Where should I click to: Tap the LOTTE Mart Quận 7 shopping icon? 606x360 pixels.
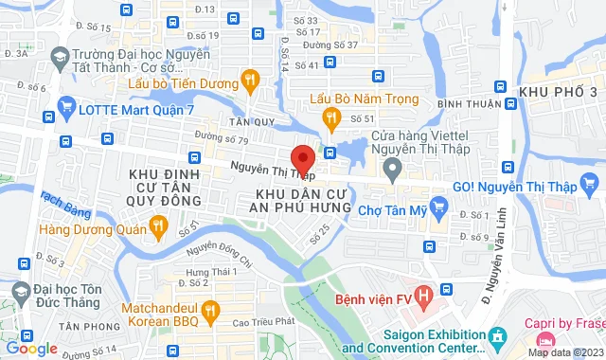(x=65, y=108)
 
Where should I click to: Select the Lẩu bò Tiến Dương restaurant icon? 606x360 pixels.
(x=250, y=81)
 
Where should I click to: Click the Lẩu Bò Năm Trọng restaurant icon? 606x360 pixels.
(x=331, y=117)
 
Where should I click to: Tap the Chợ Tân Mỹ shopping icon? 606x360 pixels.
(x=437, y=206)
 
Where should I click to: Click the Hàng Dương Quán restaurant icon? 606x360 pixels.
(x=159, y=226)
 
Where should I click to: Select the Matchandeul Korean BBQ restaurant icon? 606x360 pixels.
(x=211, y=309)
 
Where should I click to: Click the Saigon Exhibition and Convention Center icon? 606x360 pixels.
(x=497, y=336)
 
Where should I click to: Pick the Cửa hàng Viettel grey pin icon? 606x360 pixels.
(x=392, y=168)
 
